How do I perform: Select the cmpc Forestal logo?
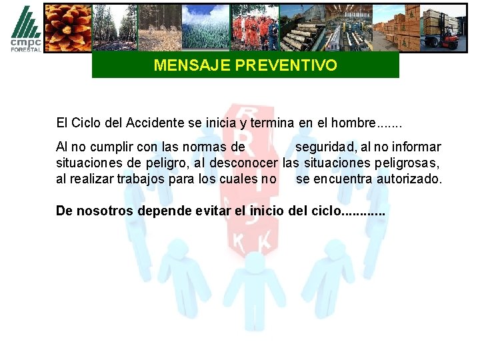[x=25, y=28]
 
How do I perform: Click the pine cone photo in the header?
[x=67, y=27]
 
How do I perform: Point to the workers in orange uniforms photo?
[x=255, y=27]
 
